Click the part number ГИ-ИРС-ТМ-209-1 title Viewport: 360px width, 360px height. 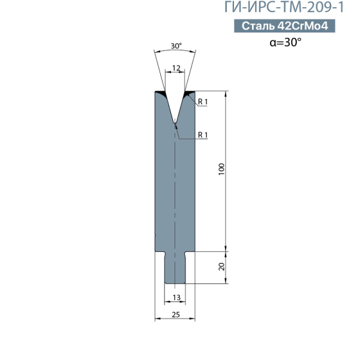click(284, 7)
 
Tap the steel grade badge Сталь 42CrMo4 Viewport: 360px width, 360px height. click(284, 26)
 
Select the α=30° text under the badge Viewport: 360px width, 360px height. click(286, 42)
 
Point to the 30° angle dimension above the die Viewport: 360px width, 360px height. click(176, 46)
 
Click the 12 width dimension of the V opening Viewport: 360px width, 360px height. click(176, 68)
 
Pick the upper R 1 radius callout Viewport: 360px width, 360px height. click(203, 102)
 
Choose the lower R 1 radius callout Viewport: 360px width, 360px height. click(203, 135)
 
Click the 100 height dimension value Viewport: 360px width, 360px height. click(221, 169)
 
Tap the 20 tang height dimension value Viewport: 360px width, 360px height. click(222, 267)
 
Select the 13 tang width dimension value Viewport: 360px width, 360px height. click(176, 298)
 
